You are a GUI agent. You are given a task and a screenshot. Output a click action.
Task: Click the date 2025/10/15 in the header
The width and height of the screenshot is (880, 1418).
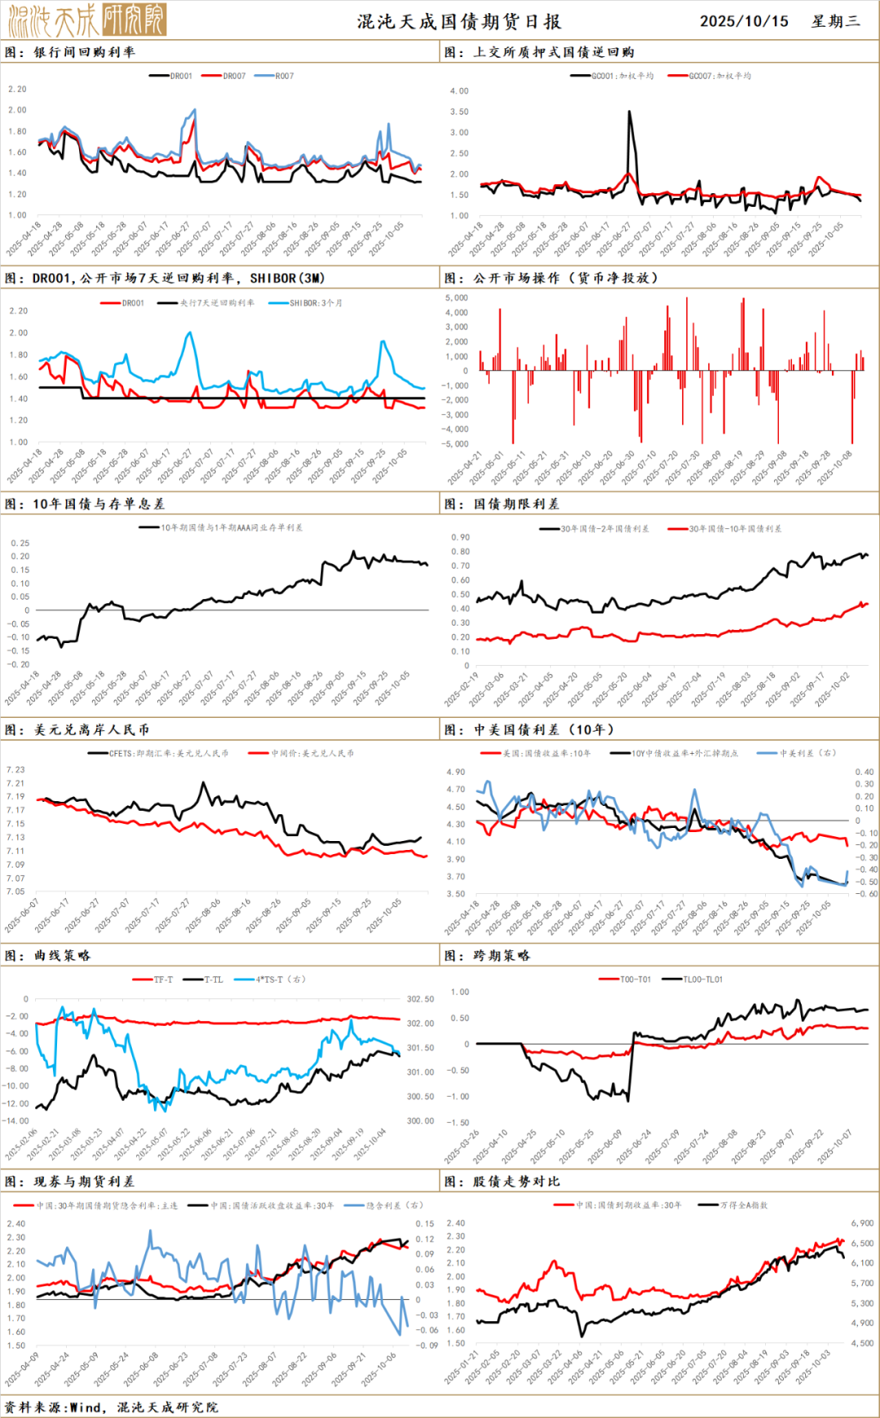(744, 21)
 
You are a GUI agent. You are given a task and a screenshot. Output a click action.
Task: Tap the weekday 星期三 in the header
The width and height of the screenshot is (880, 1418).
(836, 21)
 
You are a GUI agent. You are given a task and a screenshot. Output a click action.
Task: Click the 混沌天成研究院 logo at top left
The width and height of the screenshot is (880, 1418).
(86, 20)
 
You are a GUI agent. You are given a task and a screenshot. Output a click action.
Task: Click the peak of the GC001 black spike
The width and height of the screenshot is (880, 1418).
(629, 112)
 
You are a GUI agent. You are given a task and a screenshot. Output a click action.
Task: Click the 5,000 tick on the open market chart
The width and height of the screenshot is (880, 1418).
(456, 297)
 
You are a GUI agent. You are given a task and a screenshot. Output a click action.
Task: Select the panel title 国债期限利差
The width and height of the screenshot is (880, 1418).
(517, 504)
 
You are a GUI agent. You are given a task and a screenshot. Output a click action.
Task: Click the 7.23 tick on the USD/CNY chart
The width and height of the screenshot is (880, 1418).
(15, 769)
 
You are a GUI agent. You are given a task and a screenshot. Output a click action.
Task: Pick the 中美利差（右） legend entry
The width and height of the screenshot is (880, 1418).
(807, 753)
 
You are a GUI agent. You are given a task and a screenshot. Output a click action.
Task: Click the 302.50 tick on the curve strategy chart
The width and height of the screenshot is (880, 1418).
(420, 999)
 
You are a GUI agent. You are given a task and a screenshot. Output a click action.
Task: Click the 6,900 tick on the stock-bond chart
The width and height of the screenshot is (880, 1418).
(862, 1223)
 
